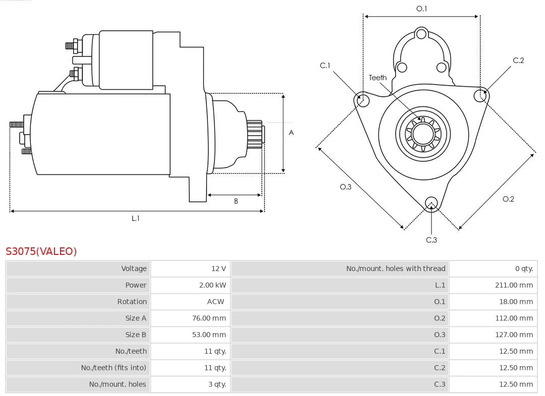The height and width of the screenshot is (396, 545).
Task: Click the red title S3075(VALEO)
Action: pyautogui.click(x=41, y=251)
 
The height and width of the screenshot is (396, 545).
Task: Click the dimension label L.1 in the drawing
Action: pyautogui.click(x=135, y=218)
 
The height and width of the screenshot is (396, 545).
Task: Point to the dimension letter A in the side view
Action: pyautogui.click(x=291, y=133)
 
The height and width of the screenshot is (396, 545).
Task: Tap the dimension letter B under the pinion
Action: pyautogui.click(x=235, y=201)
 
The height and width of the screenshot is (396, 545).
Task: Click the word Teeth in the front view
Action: pyautogui.click(x=377, y=78)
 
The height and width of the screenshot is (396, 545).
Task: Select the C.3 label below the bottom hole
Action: pyautogui.click(x=431, y=240)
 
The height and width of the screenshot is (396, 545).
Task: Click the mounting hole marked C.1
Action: pyautogui.click(x=362, y=100)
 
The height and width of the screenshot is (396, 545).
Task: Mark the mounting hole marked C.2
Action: pyautogui.click(x=480, y=95)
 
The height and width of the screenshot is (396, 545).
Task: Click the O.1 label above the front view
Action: pyautogui.click(x=421, y=9)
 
